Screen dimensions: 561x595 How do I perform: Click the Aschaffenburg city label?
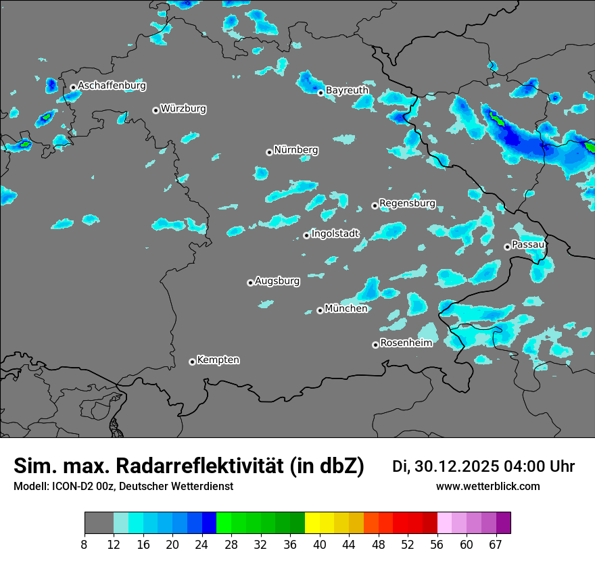(x=112, y=86)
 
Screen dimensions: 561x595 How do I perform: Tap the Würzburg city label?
(x=183, y=109)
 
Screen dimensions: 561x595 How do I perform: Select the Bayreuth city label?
(x=347, y=90)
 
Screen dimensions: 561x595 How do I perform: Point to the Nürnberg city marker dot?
(x=269, y=152)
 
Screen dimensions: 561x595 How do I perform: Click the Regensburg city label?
(x=407, y=203)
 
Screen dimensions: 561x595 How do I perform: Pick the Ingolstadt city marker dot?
(x=306, y=235)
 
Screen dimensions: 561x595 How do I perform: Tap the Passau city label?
(x=528, y=244)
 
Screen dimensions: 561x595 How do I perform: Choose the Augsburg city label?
(x=277, y=281)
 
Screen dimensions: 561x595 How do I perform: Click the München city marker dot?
(x=320, y=311)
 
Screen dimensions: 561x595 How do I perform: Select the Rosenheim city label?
(x=406, y=343)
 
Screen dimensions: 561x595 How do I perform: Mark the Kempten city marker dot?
(x=192, y=362)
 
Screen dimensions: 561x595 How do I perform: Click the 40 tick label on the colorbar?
(x=320, y=544)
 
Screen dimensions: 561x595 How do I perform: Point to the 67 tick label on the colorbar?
(x=496, y=544)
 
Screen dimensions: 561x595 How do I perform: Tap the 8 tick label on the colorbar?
(x=85, y=544)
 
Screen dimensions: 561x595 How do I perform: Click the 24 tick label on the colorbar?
(x=202, y=544)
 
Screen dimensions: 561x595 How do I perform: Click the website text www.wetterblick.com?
(x=487, y=487)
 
